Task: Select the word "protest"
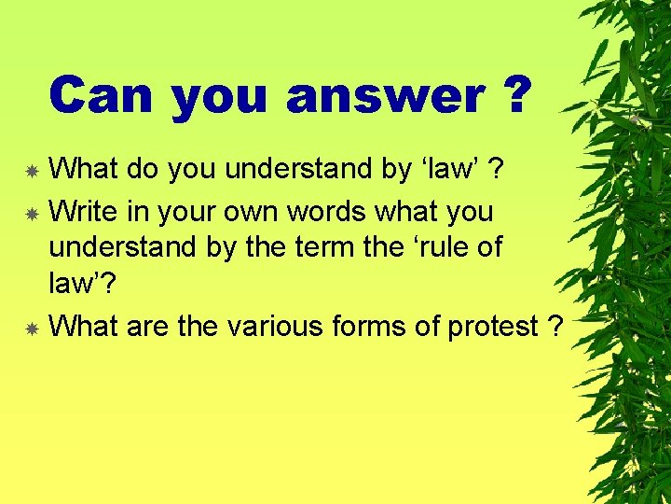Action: tap(493, 326)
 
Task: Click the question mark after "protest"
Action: tap(556, 326)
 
